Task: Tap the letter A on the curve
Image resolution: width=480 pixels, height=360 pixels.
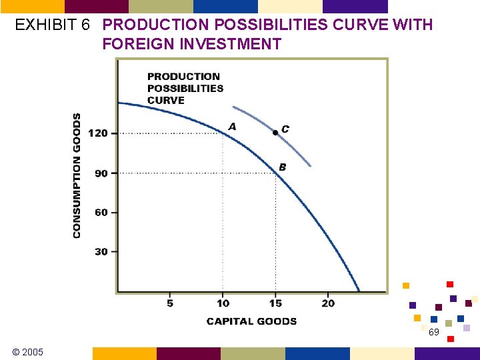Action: pos(232,126)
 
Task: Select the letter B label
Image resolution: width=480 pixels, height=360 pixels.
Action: pos(283,167)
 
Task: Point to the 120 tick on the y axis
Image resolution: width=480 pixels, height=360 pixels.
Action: pos(98,133)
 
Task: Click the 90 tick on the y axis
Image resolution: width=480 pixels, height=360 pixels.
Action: pos(101,173)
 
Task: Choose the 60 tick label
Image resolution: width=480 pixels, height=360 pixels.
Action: pos(101,213)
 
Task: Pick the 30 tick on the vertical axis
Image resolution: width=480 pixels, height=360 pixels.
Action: pos(101,252)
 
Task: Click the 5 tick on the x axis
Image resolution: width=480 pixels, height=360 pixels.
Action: pos(170,303)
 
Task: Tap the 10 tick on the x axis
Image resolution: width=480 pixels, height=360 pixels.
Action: pos(223,303)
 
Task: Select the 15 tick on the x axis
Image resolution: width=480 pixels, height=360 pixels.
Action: pos(275,303)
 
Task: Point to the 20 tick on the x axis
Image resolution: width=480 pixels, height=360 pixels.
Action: pos(328,303)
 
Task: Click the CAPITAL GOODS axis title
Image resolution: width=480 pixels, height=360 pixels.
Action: pos(251,321)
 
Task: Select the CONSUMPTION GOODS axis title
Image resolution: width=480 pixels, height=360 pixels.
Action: pos(77,175)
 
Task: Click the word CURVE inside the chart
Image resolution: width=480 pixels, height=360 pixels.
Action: pos(166,101)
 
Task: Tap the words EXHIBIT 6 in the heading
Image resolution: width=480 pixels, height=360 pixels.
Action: pos(53,25)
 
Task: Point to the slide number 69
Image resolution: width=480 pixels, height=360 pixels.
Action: pos(434,332)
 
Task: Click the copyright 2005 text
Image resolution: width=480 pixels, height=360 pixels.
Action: pos(27,351)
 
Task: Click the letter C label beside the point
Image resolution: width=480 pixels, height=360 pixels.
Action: pos(285,129)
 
